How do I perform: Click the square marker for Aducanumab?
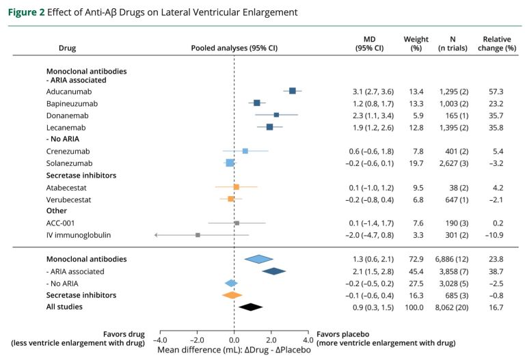click(x=293, y=91)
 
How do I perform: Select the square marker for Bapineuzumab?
click(x=257, y=102)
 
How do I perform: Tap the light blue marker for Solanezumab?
click(x=230, y=163)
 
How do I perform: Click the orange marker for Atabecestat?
click(x=236, y=186)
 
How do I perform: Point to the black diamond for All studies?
click(x=251, y=307)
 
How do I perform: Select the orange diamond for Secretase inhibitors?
click(x=232, y=295)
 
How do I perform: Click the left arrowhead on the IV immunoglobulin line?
click(x=157, y=235)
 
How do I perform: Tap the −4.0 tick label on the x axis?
click(x=159, y=340)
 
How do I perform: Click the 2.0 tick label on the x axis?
click(x=271, y=340)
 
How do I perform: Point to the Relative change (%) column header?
click(x=499, y=44)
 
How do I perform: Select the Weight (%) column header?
click(x=416, y=44)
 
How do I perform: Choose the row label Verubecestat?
click(x=69, y=199)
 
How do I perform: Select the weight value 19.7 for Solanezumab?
click(x=416, y=163)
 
